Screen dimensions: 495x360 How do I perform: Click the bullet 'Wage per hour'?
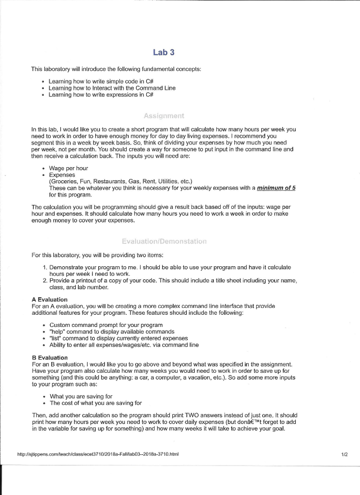coord(69,168)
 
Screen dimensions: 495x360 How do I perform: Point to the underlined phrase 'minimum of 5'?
coord(277,188)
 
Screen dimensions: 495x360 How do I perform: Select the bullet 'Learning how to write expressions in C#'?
coord(101,95)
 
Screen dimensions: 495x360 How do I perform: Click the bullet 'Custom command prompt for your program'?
coord(106,325)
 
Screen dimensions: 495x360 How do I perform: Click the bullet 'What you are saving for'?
coord(81,396)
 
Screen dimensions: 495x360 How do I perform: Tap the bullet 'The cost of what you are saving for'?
coord(96,403)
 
